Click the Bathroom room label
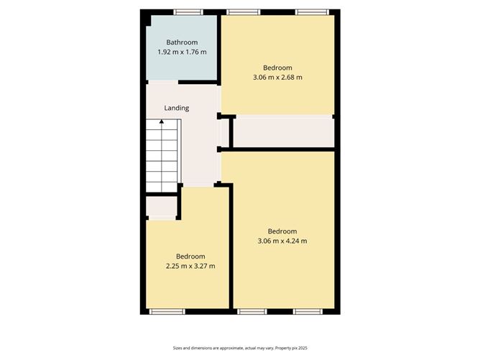click(x=182, y=42)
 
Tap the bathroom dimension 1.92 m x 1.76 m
click(x=182, y=52)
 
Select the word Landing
click(x=177, y=109)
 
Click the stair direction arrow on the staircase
click(x=162, y=122)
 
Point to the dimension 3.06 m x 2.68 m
click(x=277, y=77)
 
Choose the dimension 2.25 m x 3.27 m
click(x=191, y=266)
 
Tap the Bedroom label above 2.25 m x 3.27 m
click(x=191, y=257)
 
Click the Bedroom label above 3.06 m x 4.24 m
click(x=282, y=231)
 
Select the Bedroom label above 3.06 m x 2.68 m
click(x=277, y=68)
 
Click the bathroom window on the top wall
click(x=188, y=11)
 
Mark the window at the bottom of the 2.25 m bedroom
click(x=167, y=312)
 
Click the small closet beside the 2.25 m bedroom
click(x=162, y=208)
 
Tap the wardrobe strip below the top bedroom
click(x=283, y=132)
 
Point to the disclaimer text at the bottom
click(x=240, y=348)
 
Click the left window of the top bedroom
click(x=244, y=11)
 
